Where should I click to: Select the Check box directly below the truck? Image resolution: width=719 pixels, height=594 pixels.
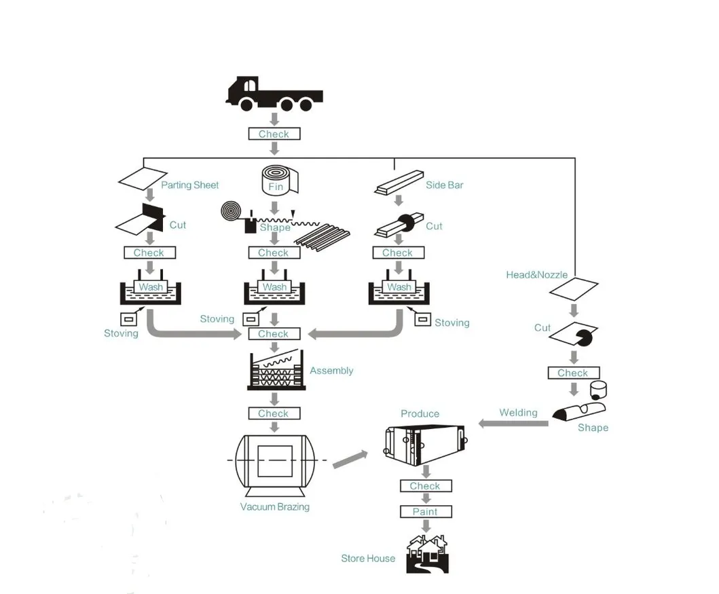coord(274,134)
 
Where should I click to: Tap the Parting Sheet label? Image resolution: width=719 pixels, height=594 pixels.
coord(190,185)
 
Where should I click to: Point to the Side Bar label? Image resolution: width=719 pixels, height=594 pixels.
coord(445,185)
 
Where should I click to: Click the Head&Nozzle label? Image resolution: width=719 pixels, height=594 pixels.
coord(536,275)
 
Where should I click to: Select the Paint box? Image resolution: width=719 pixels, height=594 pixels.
coord(425,512)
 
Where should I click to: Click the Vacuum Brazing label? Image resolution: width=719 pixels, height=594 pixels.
coord(275,506)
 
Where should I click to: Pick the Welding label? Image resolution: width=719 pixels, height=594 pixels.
coord(518,413)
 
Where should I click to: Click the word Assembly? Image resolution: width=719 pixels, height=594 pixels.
coord(331,371)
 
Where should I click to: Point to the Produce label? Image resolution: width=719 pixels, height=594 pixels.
coord(420,413)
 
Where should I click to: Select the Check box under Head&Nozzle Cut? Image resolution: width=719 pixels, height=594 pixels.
coord(573,373)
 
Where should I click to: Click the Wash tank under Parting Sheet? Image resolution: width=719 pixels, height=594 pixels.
coord(150,290)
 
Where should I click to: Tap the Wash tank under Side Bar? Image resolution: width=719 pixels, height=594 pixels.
coord(399,290)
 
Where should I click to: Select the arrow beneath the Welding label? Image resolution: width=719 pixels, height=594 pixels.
coord(513,424)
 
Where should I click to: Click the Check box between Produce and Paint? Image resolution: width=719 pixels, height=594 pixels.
coord(425,486)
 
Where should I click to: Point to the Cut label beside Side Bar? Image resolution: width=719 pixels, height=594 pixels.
coord(434,226)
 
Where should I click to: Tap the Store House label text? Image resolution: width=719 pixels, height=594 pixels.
coord(368,559)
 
